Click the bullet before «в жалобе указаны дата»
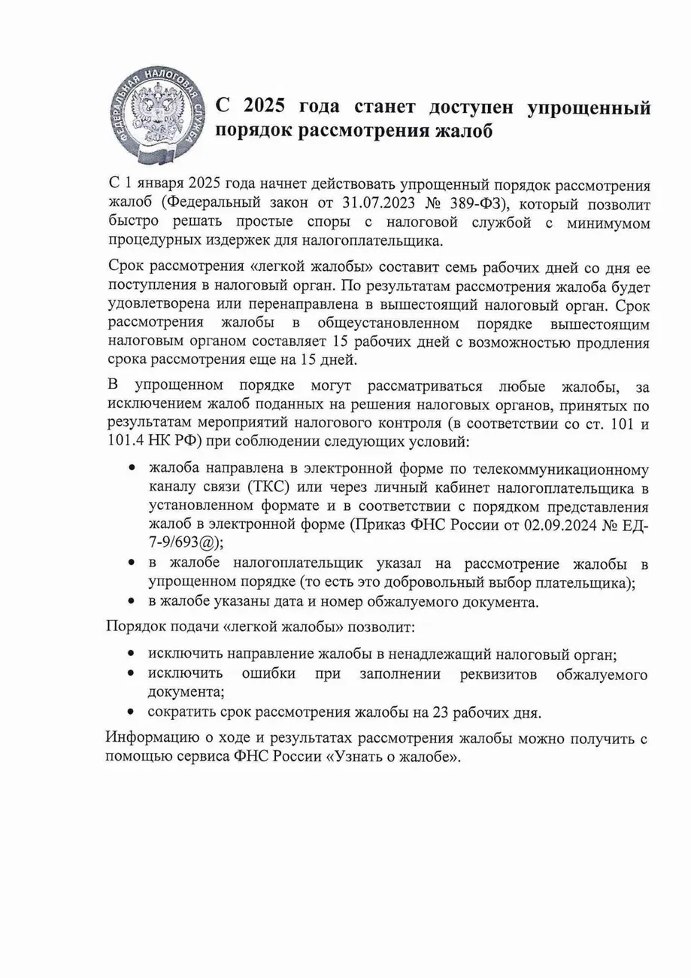coord(132,602)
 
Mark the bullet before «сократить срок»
coord(132,712)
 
